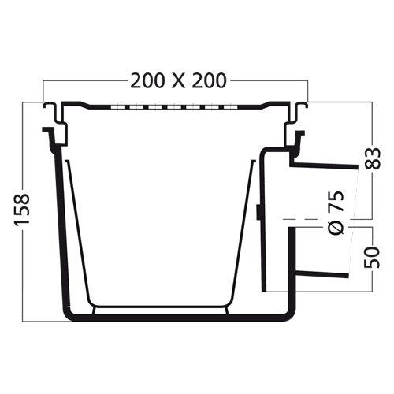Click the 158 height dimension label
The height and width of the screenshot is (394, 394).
[22, 210]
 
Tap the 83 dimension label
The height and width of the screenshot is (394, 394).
[372, 158]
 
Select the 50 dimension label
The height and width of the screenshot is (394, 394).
[372, 257]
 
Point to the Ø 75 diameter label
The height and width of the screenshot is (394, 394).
[336, 212]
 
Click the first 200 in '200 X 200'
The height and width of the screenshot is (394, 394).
[148, 80]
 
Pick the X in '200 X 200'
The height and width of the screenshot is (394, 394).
[179, 80]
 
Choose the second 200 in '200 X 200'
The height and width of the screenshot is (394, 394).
[210, 80]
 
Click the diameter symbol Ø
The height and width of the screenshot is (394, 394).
[336, 227]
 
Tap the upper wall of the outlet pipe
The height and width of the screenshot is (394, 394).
[324, 165]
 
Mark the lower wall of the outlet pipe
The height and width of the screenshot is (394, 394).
[322, 273]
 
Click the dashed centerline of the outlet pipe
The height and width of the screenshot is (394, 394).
[317, 218]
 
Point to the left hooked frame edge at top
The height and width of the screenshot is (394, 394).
[54, 113]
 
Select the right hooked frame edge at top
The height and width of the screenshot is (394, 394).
[298, 113]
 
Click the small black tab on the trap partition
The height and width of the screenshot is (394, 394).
[258, 212]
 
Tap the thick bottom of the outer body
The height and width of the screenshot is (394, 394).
[179, 318]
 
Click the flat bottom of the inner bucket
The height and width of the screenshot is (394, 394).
[160, 307]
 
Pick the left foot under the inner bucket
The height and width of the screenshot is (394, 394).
[94, 310]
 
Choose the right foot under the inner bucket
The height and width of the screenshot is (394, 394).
[227, 310]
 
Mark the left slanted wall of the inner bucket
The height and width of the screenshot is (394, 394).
[78, 231]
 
